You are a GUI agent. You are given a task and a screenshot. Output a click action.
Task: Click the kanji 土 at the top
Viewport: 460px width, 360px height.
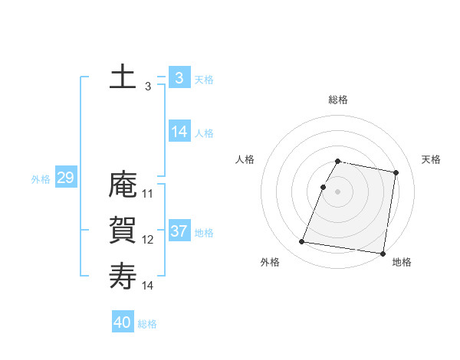click(123, 77)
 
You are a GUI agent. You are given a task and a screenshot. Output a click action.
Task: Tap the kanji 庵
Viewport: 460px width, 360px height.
click(123, 186)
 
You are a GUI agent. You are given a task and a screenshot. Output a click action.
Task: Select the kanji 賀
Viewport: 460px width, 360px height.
click(123, 231)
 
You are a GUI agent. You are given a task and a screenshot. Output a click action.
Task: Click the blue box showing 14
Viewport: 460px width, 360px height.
click(179, 132)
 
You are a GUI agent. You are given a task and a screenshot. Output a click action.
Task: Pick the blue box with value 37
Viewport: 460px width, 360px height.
click(179, 231)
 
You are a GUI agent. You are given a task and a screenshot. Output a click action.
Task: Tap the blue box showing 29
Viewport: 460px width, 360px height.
click(65, 178)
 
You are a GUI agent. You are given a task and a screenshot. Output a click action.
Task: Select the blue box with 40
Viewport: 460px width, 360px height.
click(123, 322)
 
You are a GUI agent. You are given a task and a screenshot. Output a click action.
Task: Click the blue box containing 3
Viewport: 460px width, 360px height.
click(179, 77)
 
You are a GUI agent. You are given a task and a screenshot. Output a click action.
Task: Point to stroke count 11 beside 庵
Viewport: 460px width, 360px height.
click(148, 194)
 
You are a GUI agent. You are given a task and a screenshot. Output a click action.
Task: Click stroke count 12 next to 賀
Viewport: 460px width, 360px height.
click(148, 240)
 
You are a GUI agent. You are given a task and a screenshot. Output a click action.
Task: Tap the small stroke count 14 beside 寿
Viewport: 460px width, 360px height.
click(148, 285)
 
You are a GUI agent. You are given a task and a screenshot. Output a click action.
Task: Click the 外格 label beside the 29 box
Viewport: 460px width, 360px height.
click(41, 179)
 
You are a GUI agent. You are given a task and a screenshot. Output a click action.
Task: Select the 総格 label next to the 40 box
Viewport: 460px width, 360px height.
click(147, 324)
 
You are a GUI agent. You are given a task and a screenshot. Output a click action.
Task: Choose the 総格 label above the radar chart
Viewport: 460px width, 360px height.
click(338, 100)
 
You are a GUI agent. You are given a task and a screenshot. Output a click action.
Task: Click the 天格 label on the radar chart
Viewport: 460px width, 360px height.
click(431, 159)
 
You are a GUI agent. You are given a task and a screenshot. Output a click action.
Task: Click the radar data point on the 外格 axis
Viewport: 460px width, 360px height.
click(302, 242)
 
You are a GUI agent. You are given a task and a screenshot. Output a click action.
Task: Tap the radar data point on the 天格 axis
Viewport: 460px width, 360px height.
click(396, 172)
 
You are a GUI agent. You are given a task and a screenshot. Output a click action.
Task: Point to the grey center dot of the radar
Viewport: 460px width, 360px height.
click(338, 191)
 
